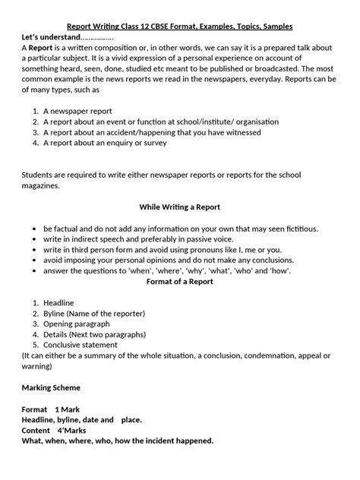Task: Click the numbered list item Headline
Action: click(x=60, y=302)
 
